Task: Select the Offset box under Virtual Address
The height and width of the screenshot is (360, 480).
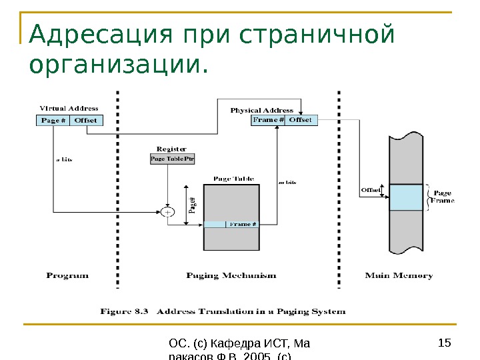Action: tap(85, 121)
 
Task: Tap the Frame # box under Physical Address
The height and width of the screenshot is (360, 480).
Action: tap(268, 120)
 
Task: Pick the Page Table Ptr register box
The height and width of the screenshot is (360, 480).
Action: tap(171, 159)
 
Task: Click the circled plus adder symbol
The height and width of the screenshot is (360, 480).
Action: tap(167, 212)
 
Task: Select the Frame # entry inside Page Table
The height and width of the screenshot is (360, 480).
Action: tap(243, 225)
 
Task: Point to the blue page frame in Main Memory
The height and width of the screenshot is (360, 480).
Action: tap(405, 198)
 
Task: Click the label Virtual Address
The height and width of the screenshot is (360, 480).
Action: tap(69, 109)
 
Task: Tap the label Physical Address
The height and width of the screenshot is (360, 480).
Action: tap(261, 110)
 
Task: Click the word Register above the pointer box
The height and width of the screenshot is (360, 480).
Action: tap(171, 149)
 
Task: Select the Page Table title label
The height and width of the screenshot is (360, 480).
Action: tap(233, 179)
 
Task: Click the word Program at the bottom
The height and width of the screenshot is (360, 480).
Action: tap(67, 275)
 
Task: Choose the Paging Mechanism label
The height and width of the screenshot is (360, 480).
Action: tap(231, 275)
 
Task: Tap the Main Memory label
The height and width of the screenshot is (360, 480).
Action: tap(399, 275)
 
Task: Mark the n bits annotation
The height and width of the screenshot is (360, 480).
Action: tap(63, 159)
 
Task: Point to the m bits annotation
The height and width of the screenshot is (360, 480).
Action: tap(286, 181)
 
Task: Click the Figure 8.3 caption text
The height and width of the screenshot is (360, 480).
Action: tap(223, 311)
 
